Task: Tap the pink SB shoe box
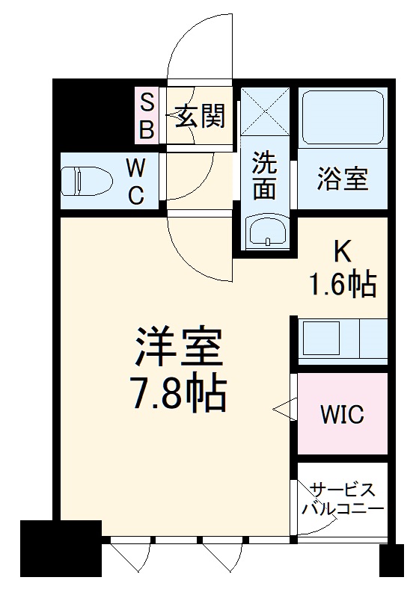[147, 116]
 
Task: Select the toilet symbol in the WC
[86, 180]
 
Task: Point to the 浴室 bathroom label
[343, 180]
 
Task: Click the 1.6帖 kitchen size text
[343, 284]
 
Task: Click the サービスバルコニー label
[342, 498]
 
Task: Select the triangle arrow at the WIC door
[284, 409]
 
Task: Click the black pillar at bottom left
[60, 552]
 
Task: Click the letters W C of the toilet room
[135, 179]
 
